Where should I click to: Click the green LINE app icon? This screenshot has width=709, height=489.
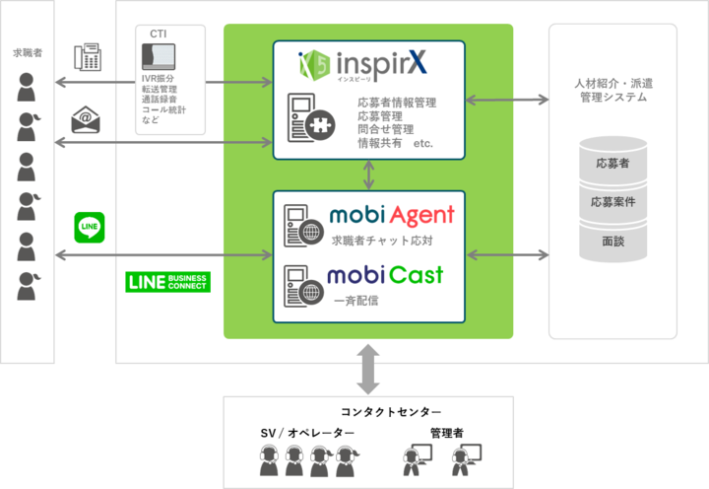(89, 226)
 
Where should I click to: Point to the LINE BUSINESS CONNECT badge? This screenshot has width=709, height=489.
(168, 282)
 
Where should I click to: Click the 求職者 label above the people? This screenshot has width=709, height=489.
(28, 50)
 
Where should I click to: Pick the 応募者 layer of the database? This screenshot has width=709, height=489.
(612, 165)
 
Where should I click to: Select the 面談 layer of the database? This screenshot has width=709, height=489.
(612, 240)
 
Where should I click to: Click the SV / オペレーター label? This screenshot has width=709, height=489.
(303, 434)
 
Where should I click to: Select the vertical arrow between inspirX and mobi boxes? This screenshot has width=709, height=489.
(369, 175)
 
